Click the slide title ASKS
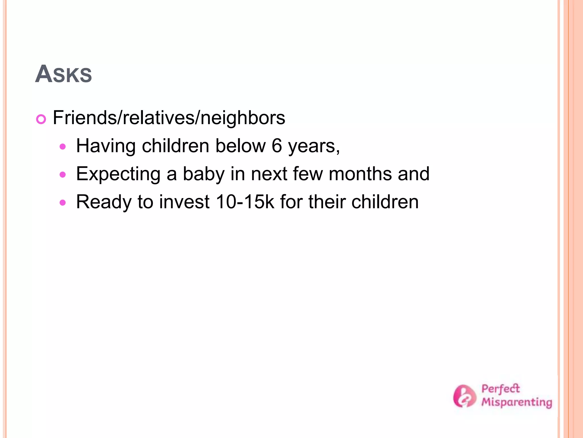point(63,74)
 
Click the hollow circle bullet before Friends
point(41,119)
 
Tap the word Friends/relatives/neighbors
point(169,118)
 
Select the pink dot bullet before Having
point(63,147)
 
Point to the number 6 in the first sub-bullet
point(276,146)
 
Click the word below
point(240,146)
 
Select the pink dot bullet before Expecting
point(63,175)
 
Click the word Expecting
point(118,174)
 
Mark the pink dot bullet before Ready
point(63,203)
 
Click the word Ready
point(104,202)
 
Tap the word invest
point(184,202)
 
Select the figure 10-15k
point(245,202)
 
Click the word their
point(327,202)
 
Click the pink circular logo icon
point(464,396)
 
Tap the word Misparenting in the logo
point(516,402)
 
